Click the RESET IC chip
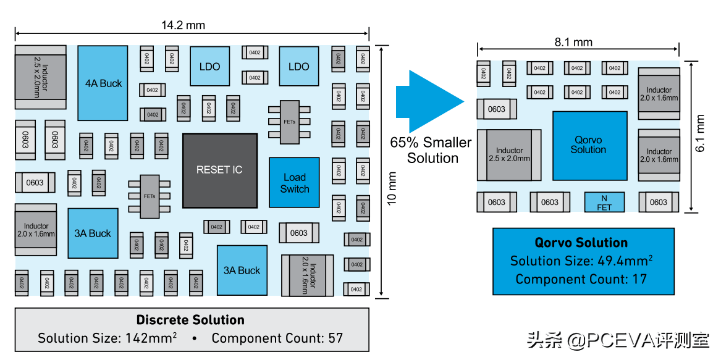click(220, 170)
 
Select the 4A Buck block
click(103, 83)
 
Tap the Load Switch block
click(294, 182)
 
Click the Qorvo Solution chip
click(590, 145)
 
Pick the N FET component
click(604, 203)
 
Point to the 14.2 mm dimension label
click(183, 25)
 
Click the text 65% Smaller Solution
click(431, 150)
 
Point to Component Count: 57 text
click(277, 338)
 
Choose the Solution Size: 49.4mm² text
click(581, 261)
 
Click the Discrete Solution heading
click(190, 319)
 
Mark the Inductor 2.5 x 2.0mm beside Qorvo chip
click(510, 155)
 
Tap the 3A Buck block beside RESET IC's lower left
click(93, 233)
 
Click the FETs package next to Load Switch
click(290, 122)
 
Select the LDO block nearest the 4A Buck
click(209, 66)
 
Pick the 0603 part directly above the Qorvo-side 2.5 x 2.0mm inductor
click(497, 109)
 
